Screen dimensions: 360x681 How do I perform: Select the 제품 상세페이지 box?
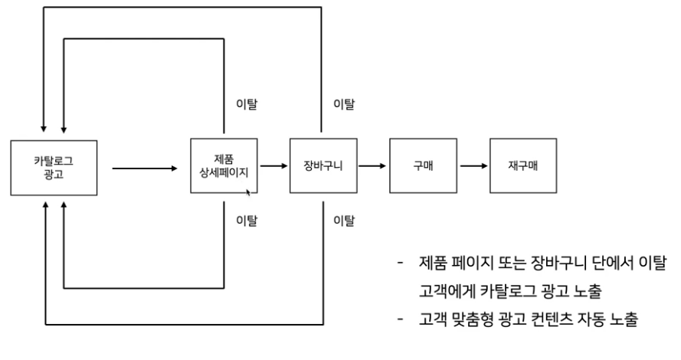click(x=224, y=165)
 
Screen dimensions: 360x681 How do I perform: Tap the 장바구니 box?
click(x=318, y=165)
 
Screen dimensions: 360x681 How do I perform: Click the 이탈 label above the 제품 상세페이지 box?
click(x=247, y=103)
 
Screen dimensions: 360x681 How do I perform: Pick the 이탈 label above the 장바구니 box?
click(x=343, y=103)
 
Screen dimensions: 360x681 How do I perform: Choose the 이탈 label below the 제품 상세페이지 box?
click(x=247, y=222)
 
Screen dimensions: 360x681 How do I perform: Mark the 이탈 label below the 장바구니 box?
click(x=343, y=222)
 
